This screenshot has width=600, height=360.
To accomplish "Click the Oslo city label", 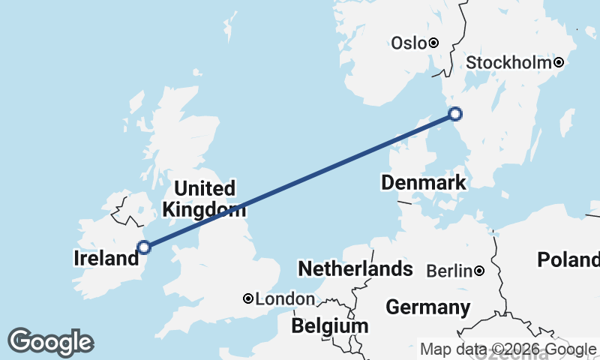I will click(409, 43).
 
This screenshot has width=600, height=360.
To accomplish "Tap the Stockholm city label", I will click(508, 63).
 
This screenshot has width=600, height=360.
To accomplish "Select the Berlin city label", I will click(449, 271).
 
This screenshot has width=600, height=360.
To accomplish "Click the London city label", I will click(285, 299).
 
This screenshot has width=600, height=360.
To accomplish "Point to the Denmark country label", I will click(423, 182).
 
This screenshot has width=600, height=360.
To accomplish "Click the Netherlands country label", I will click(355, 268).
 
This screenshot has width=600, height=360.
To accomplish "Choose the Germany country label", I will click(427, 307).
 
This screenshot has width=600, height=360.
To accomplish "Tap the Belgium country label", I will click(330, 326).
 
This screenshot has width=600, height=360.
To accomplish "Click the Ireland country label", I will click(106, 258).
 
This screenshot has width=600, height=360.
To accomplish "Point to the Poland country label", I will click(568, 260).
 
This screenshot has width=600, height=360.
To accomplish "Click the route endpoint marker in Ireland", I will click(144, 247).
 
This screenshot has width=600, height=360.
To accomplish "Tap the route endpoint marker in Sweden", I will click(454, 114).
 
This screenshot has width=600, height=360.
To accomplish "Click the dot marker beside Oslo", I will click(433, 43).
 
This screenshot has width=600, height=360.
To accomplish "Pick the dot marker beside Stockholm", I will click(558, 62).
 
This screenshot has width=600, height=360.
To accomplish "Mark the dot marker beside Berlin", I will click(478, 270).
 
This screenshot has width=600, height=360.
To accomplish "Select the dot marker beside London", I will click(248, 298).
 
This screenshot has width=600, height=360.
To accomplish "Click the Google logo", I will click(50, 342).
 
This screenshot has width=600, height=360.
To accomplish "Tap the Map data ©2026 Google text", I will click(508, 349).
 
